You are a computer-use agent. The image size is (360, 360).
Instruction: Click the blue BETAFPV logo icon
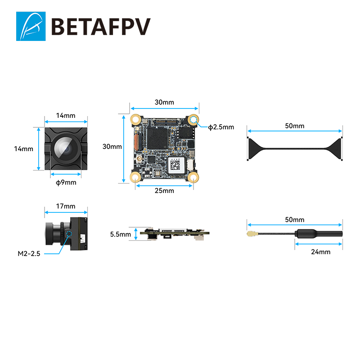(31, 26)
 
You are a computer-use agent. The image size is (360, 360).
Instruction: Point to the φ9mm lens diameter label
(66, 182)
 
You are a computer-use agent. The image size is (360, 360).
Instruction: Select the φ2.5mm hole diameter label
(221, 127)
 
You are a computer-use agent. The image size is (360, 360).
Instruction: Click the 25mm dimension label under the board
(164, 191)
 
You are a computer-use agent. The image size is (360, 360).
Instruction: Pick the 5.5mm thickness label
(120, 234)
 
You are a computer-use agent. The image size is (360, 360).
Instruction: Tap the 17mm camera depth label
(66, 206)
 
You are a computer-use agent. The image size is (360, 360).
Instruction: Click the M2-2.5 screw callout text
(29, 254)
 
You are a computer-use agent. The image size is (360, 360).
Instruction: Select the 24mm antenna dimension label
(320, 252)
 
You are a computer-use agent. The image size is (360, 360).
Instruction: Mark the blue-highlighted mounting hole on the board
(194, 120)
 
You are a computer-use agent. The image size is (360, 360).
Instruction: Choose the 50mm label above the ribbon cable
(295, 126)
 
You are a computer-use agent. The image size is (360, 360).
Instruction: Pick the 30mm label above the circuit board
(164, 102)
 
